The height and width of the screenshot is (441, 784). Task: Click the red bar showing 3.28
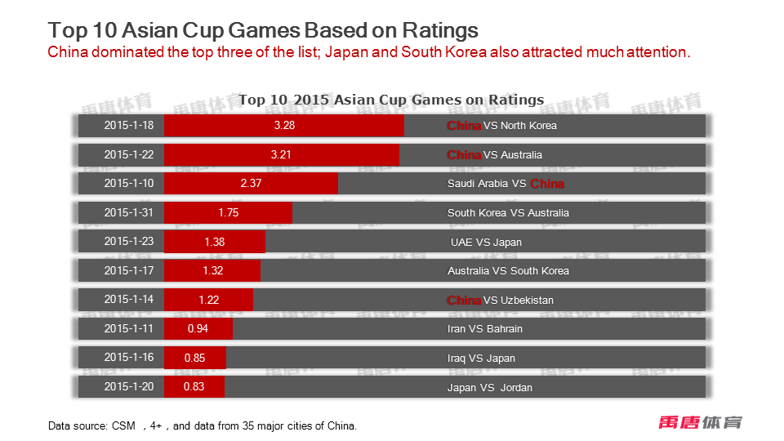pos(284,126)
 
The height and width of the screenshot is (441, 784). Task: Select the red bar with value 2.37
pos(251,184)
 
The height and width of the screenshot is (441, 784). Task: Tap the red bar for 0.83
pos(194,387)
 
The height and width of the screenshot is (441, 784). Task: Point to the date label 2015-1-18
pos(128,126)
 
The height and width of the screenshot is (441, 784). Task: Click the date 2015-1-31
pos(128,212)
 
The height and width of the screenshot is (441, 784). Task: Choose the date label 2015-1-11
pos(128,328)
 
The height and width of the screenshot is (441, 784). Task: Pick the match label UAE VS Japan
pos(486,242)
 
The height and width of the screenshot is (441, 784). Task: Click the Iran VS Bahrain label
pos(485,329)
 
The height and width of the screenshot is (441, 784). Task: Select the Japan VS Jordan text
pos(489,387)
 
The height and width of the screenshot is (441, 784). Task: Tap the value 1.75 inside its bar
pos(228,212)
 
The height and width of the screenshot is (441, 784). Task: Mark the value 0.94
pos(198,328)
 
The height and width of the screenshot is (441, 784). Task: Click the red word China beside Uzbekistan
pos(464,300)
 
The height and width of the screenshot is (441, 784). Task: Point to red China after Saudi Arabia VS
pos(547,184)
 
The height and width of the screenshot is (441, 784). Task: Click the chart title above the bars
pos(391,100)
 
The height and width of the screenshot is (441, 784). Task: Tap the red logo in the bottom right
pos(701,422)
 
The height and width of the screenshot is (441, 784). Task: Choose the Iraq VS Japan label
pos(481,358)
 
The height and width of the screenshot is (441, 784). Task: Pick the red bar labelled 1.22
pos(208,300)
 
